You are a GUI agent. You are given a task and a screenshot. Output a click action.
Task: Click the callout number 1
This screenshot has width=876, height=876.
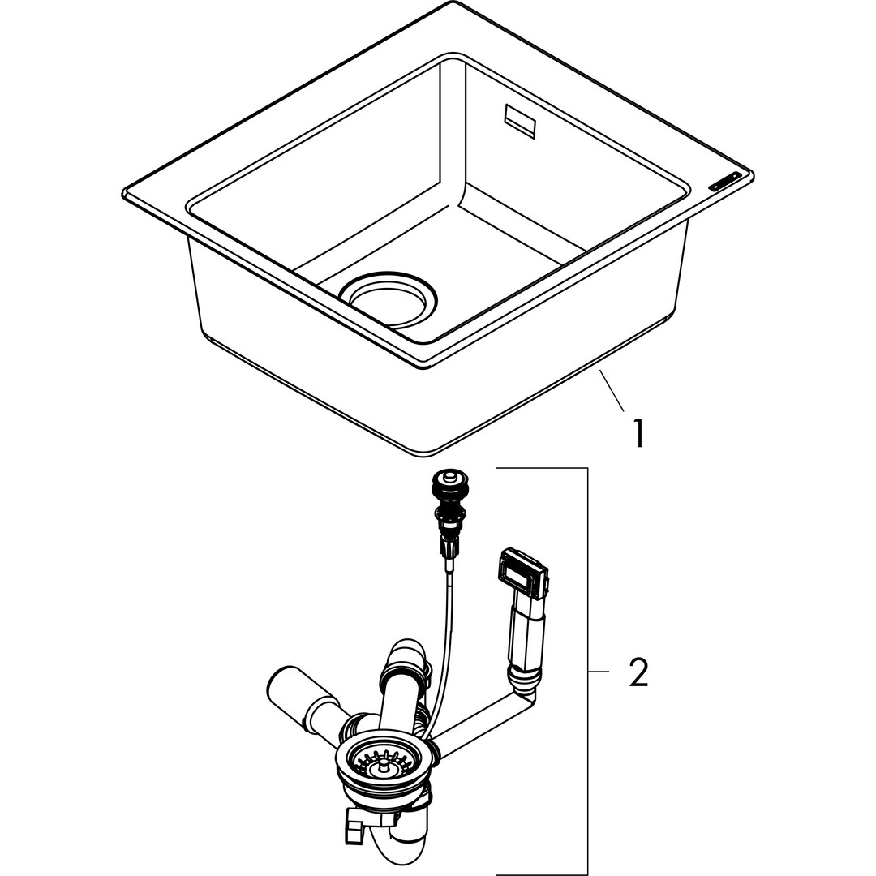pos(639,433)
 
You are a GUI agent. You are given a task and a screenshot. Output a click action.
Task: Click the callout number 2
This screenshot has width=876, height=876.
pos(638,672)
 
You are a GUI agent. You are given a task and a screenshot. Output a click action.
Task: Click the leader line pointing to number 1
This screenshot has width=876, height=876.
pos(612,390)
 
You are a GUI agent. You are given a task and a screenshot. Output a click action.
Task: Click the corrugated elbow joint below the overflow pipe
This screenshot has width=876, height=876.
pos(523,677)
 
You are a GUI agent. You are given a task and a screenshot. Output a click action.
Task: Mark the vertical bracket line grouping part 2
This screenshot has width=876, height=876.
pos(587,672)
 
